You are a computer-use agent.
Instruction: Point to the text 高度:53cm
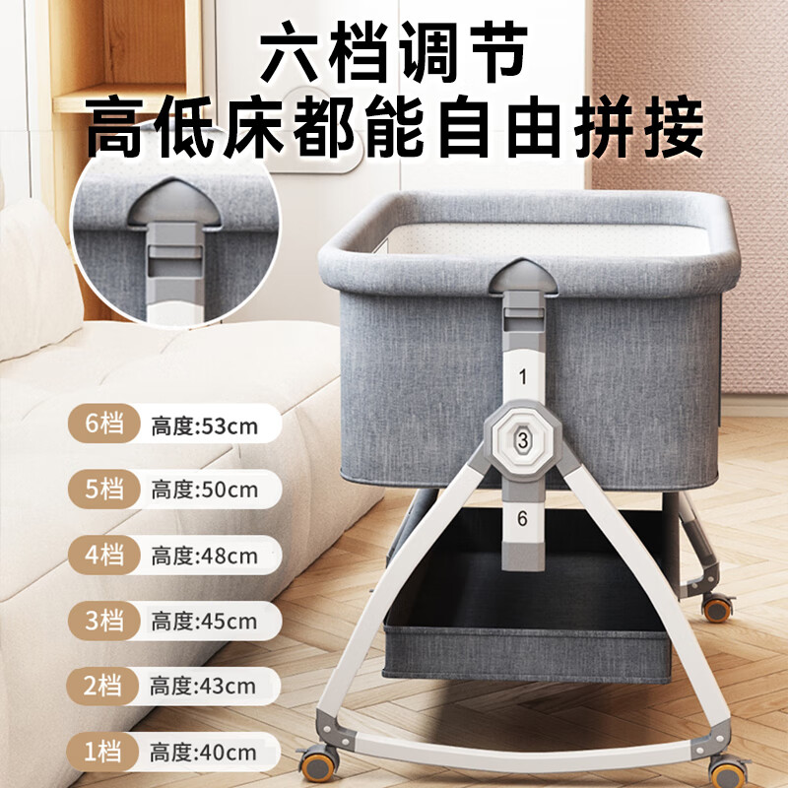[204, 427]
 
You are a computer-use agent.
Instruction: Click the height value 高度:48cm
[204, 556]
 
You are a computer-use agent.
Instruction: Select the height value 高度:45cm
[204, 622]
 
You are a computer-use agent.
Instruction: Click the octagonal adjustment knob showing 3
[522, 438]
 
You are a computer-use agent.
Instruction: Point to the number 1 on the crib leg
[522, 375]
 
